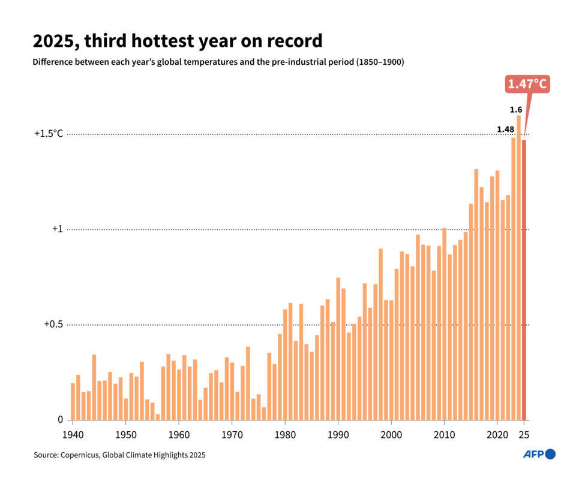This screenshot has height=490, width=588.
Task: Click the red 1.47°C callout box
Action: (x=527, y=84)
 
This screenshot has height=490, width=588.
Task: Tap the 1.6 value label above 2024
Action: (x=515, y=110)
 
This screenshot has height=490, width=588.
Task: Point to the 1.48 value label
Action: (x=505, y=130)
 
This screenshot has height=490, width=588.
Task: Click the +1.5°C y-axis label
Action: (x=48, y=134)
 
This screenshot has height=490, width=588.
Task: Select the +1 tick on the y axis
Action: (x=57, y=229)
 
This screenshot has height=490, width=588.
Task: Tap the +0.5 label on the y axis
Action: (x=53, y=324)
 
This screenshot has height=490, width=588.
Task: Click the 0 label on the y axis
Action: (x=60, y=420)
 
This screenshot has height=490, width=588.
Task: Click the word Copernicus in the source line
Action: (x=80, y=455)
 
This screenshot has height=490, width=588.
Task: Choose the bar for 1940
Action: (x=73, y=401)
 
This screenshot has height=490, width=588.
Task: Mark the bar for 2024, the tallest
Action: (x=518, y=267)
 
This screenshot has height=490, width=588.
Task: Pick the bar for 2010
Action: (x=444, y=324)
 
